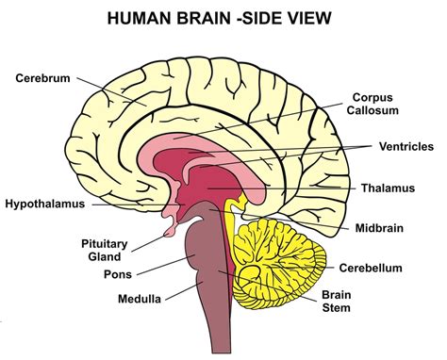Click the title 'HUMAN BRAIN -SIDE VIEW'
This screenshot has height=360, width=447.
(x=223, y=19)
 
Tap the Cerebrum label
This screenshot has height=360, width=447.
(x=43, y=77)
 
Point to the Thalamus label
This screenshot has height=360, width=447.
(x=387, y=188)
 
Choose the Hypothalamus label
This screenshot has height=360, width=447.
(x=45, y=203)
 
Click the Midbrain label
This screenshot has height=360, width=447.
(x=382, y=228)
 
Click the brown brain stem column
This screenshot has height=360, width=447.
(x=206, y=283)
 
